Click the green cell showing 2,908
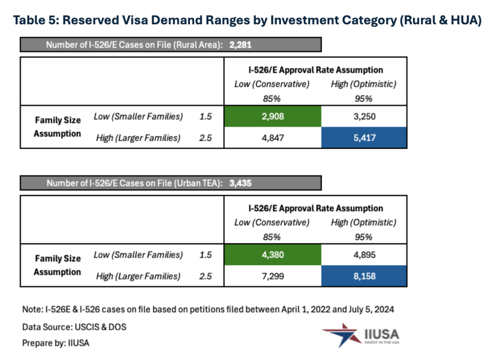click(273, 117)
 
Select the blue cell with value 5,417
click(364, 138)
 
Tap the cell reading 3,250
click(364, 117)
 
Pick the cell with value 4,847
click(273, 138)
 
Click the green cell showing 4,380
click(273, 255)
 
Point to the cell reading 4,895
click(364, 255)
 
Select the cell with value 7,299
click(273, 276)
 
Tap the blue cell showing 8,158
click(364, 276)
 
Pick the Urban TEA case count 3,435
click(240, 183)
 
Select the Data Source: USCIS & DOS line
click(74, 327)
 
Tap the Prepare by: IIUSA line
click(56, 343)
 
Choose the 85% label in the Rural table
click(271, 99)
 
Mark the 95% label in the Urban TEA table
click(363, 237)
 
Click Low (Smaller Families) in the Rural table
click(138, 116)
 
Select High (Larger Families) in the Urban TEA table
click(138, 276)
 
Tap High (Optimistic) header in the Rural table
click(364, 84)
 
